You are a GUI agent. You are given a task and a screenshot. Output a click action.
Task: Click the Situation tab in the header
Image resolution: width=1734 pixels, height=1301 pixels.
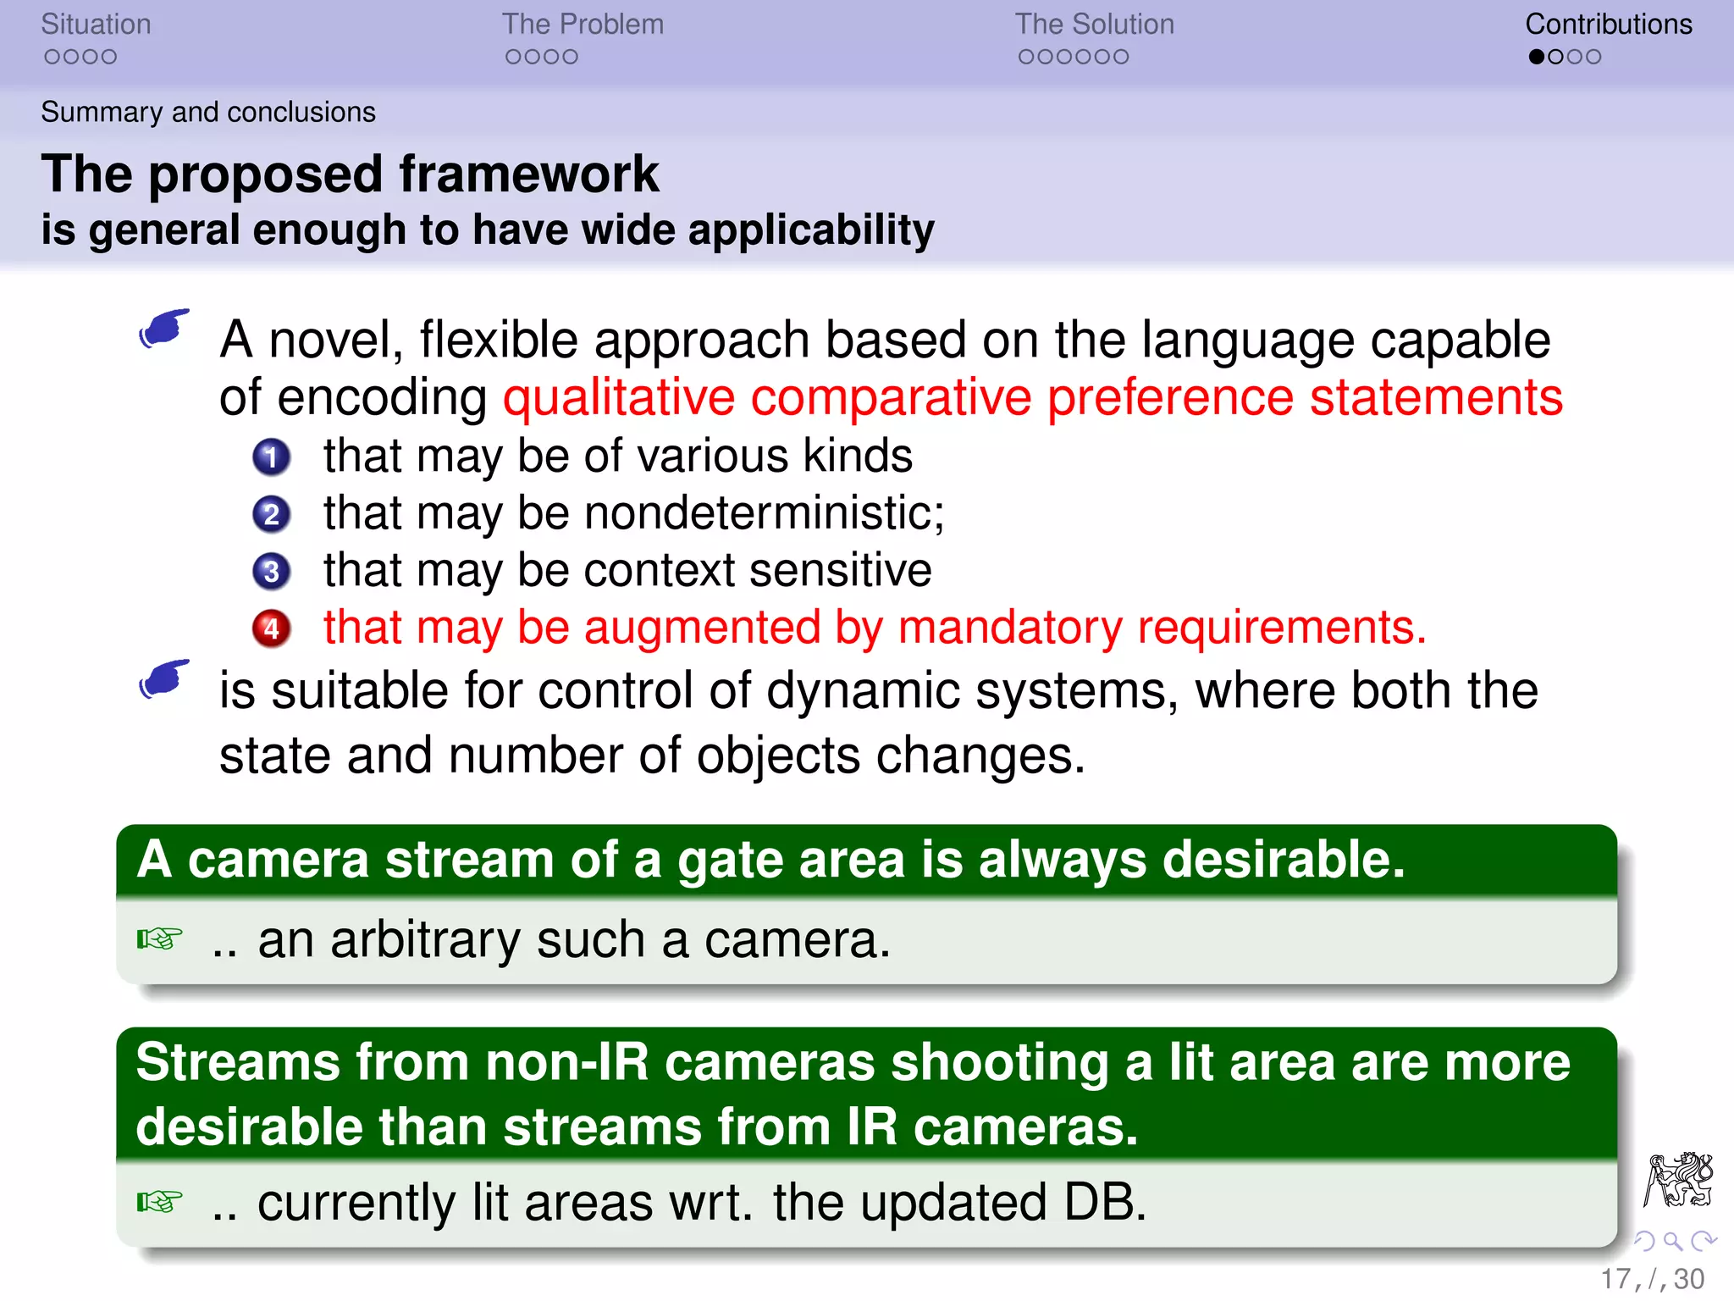96,25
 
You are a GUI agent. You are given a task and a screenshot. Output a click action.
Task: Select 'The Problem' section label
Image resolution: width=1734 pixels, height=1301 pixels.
583,25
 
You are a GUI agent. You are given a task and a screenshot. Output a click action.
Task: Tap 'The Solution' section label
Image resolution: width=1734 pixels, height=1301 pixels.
1094,25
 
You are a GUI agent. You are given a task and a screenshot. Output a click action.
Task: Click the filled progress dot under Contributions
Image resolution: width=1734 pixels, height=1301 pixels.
1536,57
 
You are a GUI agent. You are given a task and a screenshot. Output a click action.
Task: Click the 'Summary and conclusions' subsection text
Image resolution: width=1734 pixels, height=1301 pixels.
208,112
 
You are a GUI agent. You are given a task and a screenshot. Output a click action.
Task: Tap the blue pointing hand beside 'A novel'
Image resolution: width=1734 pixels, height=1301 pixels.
164,328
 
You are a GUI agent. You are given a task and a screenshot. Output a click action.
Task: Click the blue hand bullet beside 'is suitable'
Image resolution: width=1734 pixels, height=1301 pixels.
164,679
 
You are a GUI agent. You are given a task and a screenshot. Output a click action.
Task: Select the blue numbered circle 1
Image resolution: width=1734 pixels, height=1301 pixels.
271,457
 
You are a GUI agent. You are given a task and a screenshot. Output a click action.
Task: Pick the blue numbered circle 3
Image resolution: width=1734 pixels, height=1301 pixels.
271,572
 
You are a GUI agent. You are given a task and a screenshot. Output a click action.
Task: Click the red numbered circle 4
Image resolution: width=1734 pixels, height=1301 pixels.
271,628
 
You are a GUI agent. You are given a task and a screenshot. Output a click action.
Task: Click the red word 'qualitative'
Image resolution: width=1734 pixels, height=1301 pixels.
619,397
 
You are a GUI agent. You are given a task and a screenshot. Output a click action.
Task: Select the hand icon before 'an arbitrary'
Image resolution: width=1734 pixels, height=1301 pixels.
159,939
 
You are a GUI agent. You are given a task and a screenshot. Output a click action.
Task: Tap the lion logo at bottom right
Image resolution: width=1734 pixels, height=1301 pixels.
1678,1179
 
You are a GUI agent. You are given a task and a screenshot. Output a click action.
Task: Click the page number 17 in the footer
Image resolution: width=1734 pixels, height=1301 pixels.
1615,1279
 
